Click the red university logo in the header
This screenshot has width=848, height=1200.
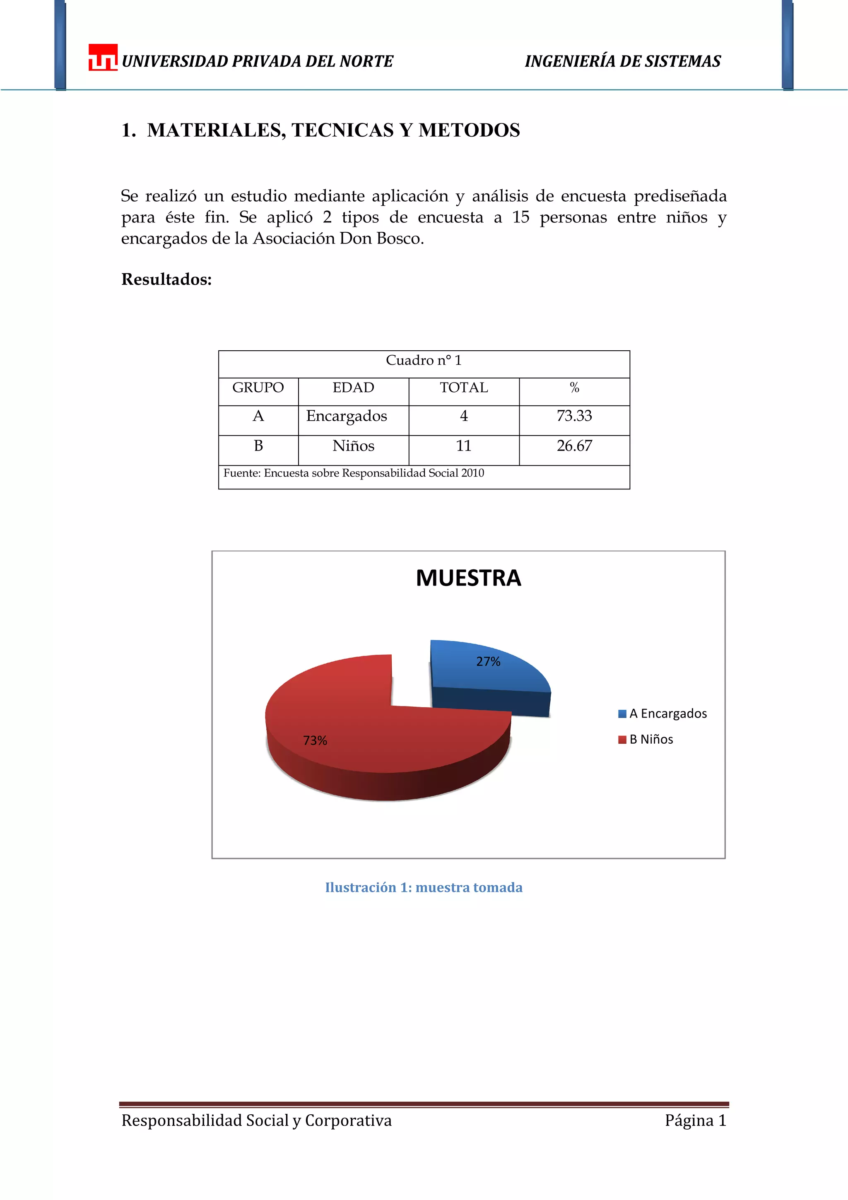102,58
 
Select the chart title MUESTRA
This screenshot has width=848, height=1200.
468,578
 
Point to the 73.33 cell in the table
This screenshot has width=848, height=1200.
574,416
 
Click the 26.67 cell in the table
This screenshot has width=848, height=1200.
574,446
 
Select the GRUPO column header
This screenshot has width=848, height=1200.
258,388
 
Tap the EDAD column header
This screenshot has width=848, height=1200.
353,388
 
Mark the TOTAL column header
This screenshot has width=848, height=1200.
463,388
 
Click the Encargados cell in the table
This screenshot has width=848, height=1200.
347,416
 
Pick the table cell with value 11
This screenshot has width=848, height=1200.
463,446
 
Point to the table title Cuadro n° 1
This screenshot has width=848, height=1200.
423,361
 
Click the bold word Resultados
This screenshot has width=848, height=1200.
166,280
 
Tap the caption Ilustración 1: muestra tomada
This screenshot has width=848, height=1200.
423,887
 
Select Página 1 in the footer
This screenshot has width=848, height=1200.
695,1120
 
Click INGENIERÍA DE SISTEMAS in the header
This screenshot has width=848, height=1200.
622,62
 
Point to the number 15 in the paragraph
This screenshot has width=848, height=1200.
520,217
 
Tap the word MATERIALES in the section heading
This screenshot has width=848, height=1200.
216,130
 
